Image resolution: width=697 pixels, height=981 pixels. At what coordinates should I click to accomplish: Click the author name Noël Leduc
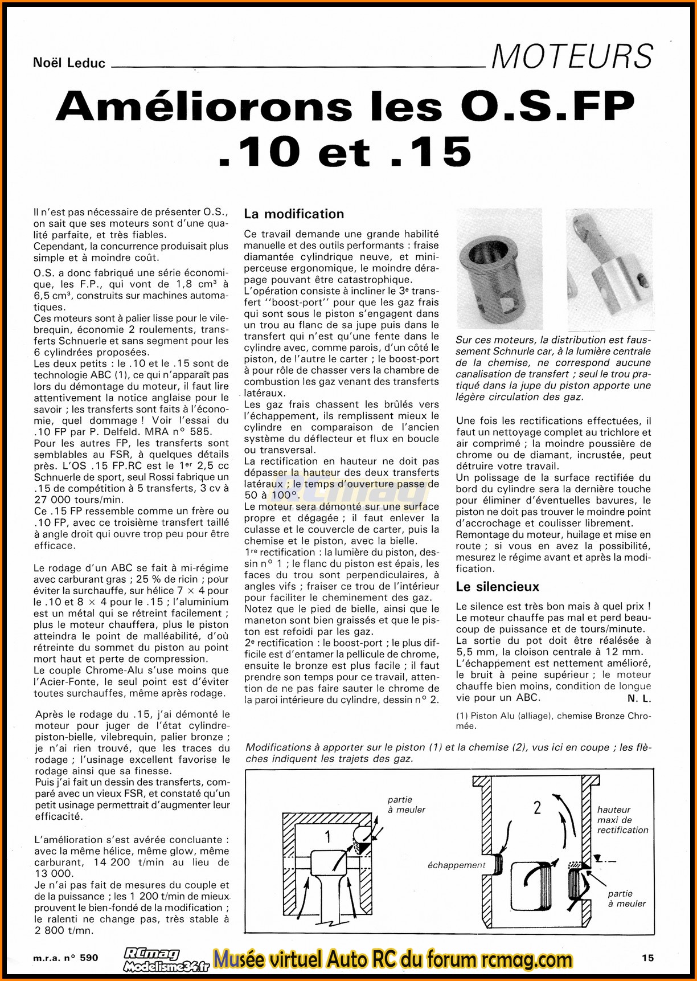69,63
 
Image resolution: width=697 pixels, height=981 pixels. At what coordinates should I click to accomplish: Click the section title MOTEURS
572,56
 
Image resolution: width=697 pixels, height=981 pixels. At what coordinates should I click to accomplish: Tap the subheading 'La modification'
294,214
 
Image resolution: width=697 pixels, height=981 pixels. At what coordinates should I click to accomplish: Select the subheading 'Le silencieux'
497,587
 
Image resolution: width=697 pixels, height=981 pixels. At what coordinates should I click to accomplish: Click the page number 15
647,958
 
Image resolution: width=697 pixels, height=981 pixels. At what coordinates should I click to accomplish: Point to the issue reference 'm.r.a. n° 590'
65,958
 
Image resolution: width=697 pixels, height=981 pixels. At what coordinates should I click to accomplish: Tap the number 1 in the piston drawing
327,836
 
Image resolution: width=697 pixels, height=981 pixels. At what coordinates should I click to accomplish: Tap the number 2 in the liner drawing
537,807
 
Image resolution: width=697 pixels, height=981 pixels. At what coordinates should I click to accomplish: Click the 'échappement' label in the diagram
456,865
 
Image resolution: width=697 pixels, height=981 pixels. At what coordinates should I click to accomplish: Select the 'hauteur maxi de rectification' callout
622,820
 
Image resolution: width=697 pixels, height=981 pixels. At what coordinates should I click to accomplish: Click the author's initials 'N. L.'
639,698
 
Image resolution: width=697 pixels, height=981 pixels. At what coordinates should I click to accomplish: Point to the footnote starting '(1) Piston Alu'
553,721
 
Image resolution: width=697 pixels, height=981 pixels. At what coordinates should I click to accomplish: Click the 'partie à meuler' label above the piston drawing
406,804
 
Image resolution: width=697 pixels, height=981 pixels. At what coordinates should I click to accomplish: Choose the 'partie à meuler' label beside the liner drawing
626,898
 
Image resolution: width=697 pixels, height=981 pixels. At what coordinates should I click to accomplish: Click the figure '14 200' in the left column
110,862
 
